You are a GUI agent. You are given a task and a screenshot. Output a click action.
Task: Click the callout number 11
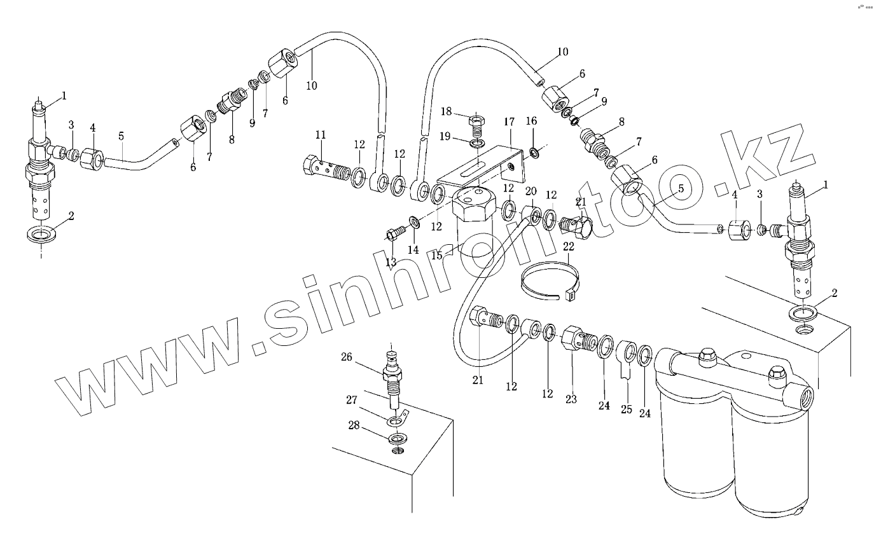pyautogui.click(x=321, y=134)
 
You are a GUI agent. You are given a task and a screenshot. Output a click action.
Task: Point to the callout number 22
pyautogui.click(x=568, y=246)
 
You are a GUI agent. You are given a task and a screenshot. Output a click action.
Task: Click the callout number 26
pyautogui.click(x=347, y=357)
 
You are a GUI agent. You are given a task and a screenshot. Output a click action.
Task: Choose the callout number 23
pyautogui.click(x=571, y=399)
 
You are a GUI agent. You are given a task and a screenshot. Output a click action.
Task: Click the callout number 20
pyautogui.click(x=531, y=191)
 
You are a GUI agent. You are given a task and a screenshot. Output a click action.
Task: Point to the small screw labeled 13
pyautogui.click(x=395, y=233)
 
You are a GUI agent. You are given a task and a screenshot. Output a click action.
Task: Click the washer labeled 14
pyautogui.click(x=414, y=223)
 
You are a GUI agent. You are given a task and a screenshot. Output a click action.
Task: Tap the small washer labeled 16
pyautogui.click(x=533, y=153)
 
